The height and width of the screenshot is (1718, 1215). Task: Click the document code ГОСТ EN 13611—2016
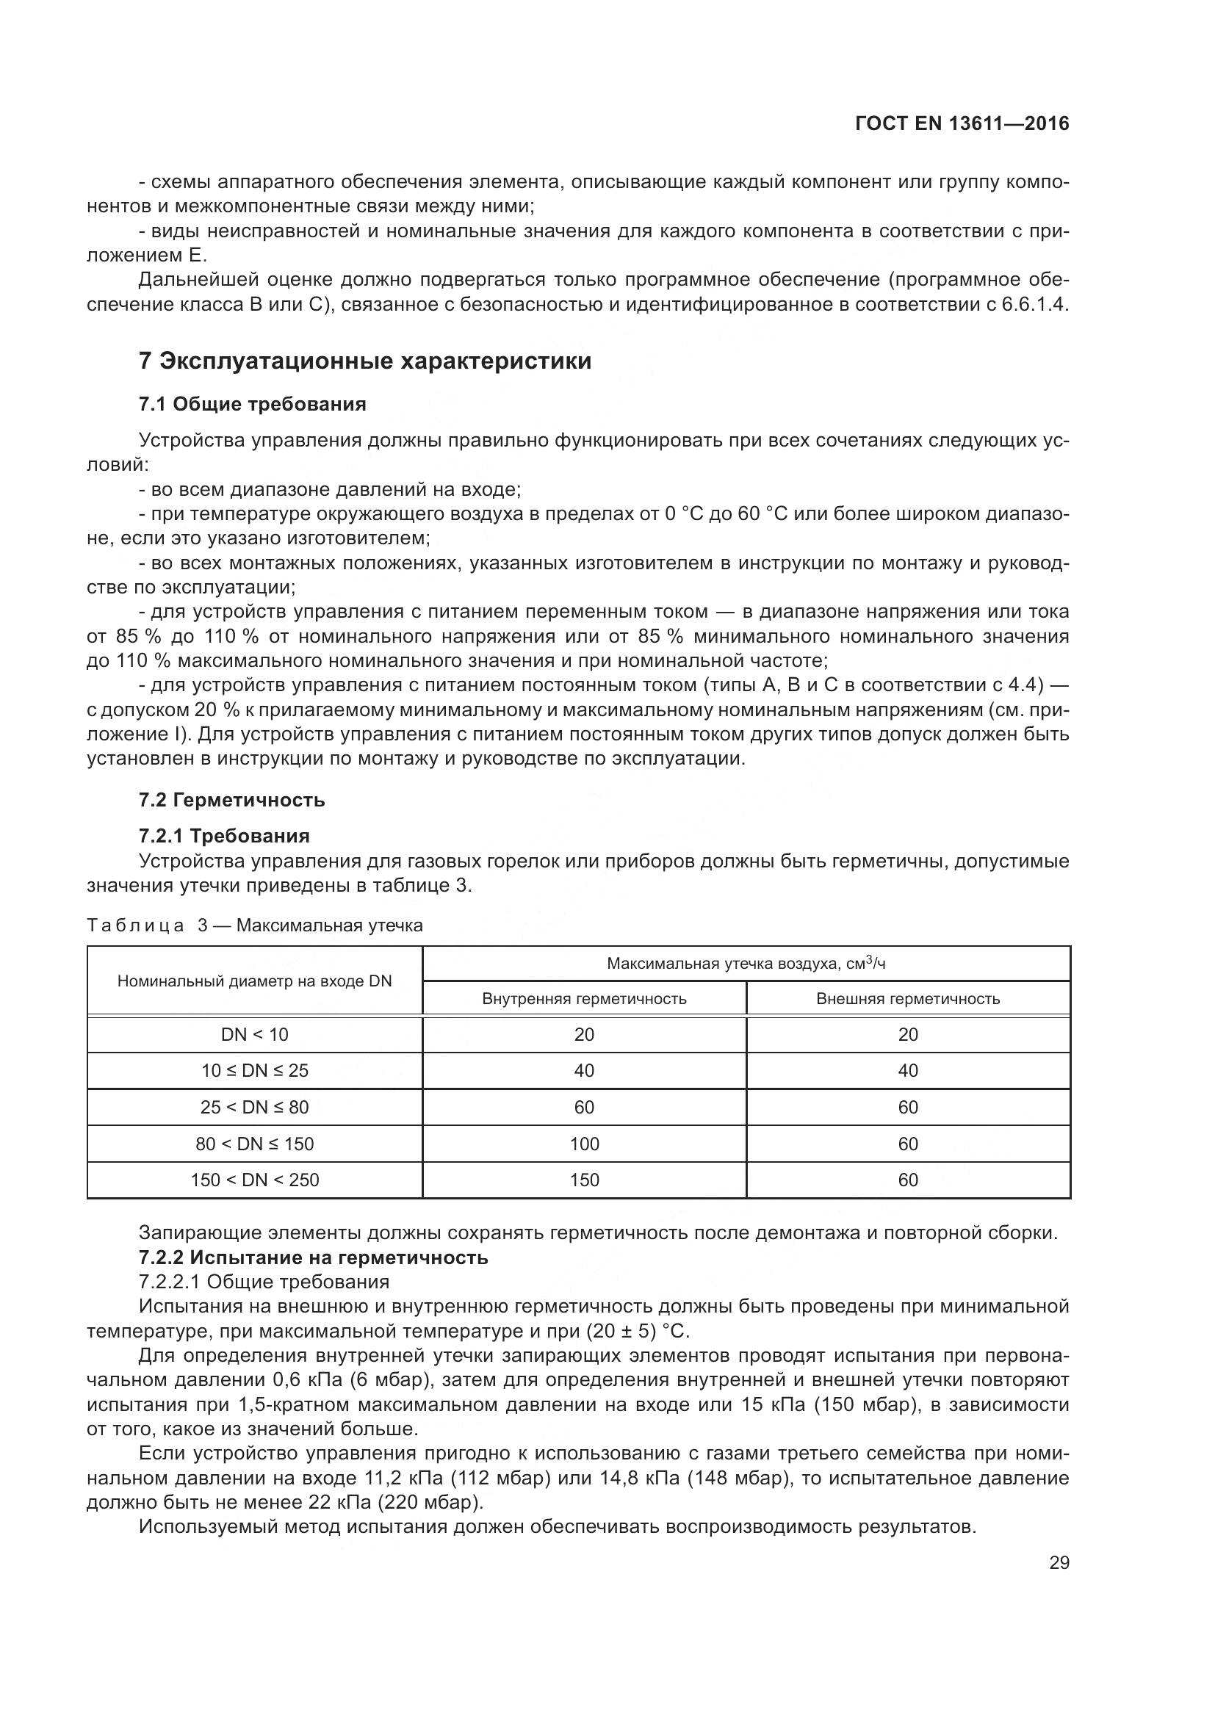coord(962,124)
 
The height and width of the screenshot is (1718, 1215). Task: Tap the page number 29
coord(1059,1562)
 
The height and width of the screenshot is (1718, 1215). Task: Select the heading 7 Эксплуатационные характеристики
coord(365,361)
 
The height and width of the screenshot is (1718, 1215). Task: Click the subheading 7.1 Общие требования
coord(252,405)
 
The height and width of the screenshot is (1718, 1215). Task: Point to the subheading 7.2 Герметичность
coord(232,800)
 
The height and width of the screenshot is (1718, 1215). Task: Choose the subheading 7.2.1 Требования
coord(224,836)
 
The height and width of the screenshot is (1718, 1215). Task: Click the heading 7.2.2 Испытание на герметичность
coord(314,1257)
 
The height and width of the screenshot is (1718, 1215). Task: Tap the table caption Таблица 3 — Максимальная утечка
coord(254,925)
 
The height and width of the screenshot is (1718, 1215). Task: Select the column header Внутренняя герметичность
coord(583,999)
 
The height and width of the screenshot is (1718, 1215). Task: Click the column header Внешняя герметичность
coord(907,999)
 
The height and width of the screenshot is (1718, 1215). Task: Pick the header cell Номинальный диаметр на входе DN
coord(254,981)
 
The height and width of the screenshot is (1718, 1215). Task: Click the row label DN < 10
coord(254,1035)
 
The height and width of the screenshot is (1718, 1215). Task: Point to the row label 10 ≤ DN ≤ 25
coord(254,1071)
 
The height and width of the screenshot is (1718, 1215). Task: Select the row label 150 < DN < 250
coord(254,1180)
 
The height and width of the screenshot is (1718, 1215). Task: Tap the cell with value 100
coord(583,1144)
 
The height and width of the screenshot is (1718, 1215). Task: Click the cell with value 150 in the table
coord(583,1180)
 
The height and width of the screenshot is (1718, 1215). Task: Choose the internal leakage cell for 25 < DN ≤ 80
coord(583,1108)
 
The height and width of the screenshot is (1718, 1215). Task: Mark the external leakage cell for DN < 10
coord(907,1035)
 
